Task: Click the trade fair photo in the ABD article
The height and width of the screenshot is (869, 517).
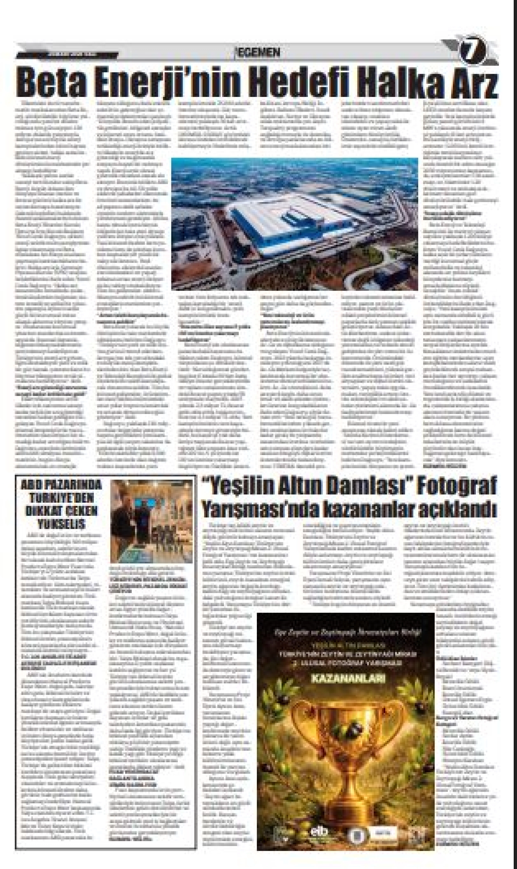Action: point(152,522)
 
